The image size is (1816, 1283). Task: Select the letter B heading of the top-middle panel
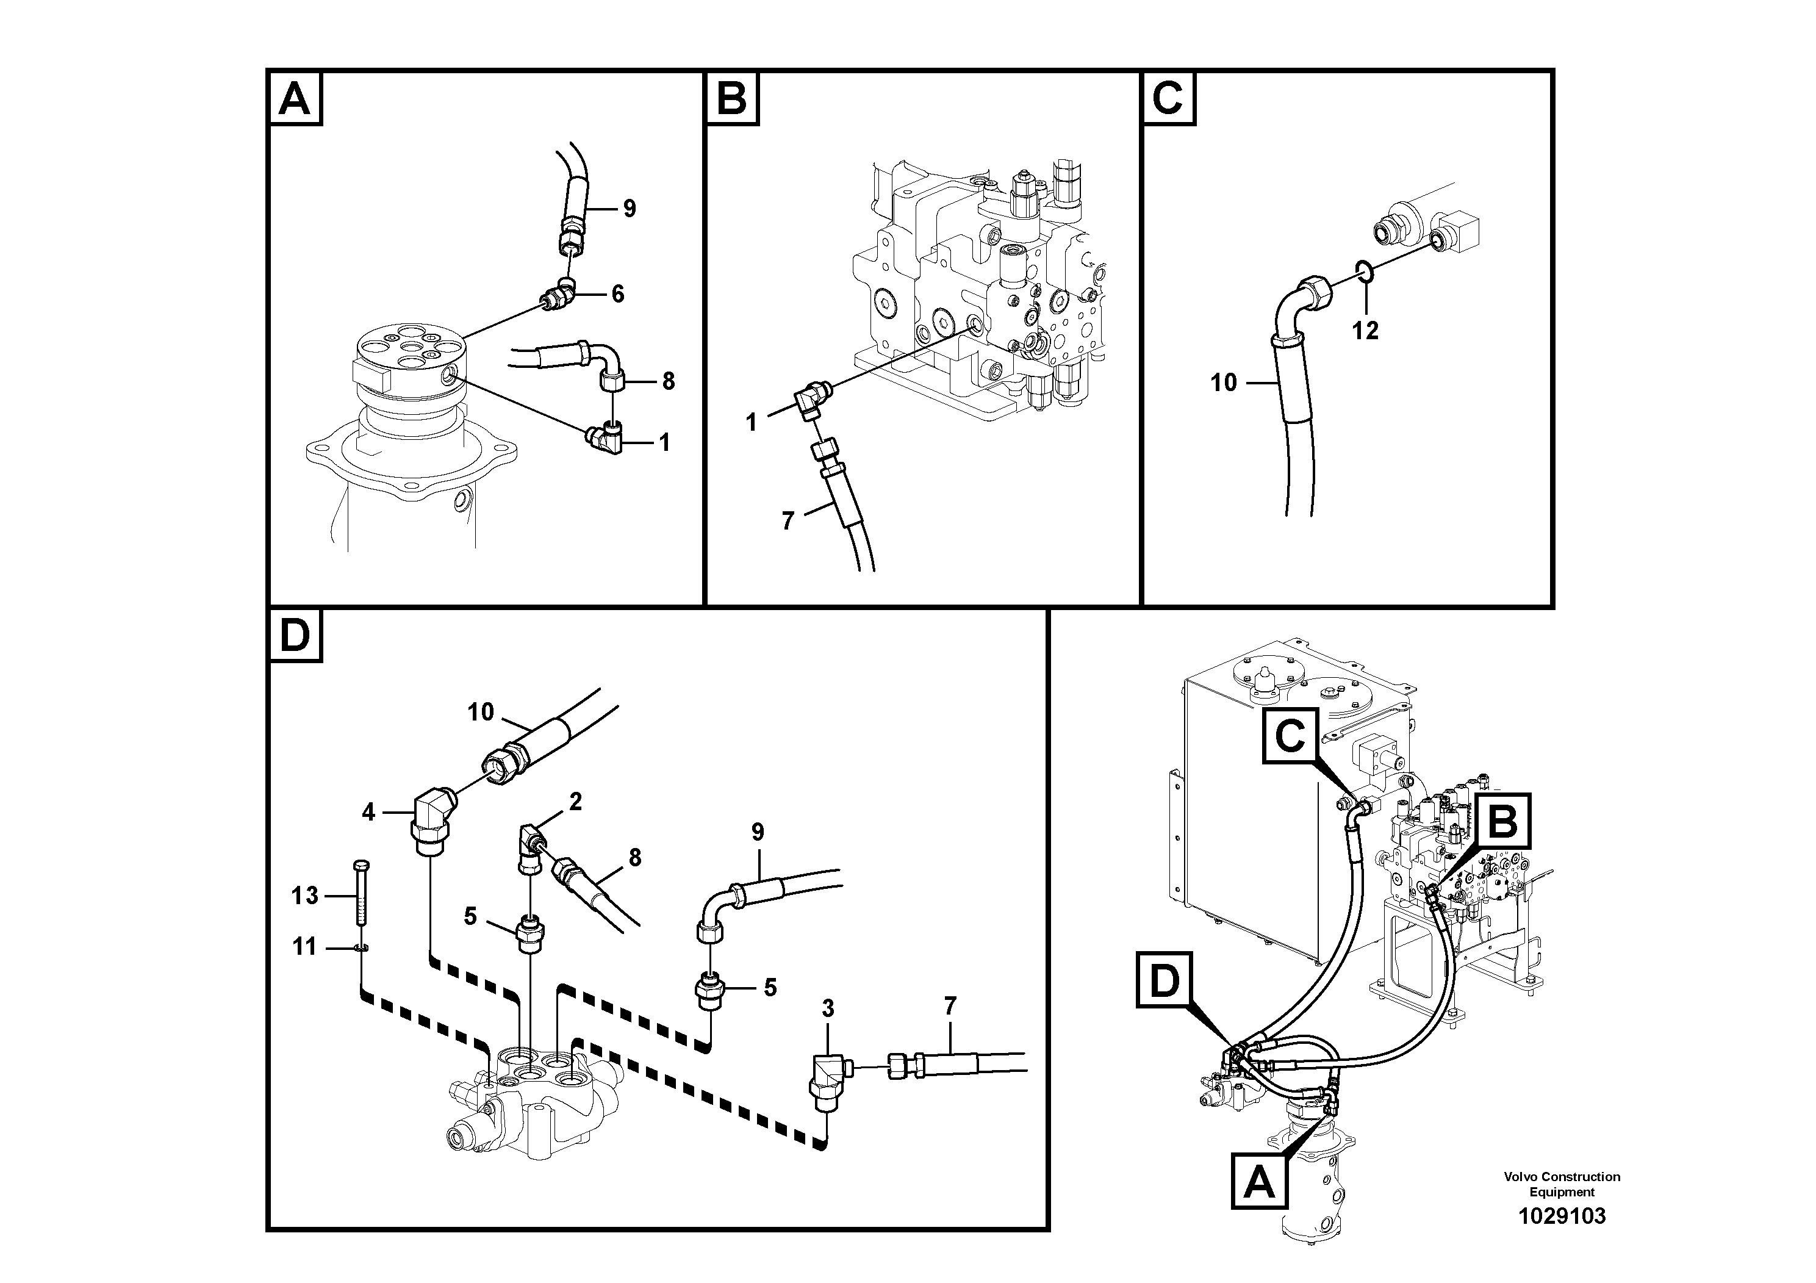pyautogui.click(x=731, y=99)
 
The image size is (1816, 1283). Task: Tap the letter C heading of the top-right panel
pyautogui.click(x=1168, y=99)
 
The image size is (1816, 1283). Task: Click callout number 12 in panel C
pyautogui.click(x=1365, y=330)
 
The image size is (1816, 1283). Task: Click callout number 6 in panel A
pyautogui.click(x=618, y=294)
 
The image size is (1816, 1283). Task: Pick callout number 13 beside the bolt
pyautogui.click(x=304, y=896)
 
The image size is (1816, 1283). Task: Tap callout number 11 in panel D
pyautogui.click(x=304, y=946)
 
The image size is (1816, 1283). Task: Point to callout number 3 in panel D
pyautogui.click(x=827, y=1008)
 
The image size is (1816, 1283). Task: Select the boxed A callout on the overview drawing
pyautogui.click(x=1259, y=1184)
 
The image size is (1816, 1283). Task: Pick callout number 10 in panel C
pyautogui.click(x=1223, y=383)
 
